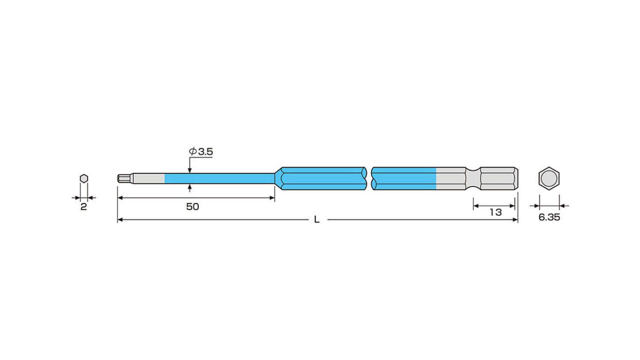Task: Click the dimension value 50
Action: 192,207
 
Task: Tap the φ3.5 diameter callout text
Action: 201,151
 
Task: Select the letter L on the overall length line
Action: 317,220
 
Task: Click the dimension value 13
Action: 496,212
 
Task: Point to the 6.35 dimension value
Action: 549,217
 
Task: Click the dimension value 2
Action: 83,207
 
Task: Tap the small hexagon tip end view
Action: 84,178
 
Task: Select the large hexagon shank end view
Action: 549,178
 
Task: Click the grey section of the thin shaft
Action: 149,178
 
